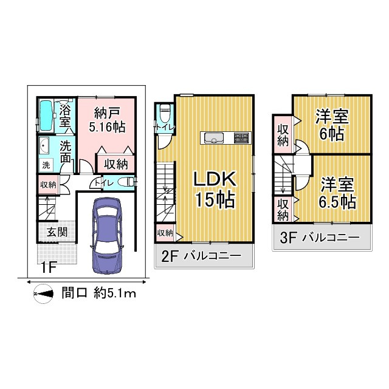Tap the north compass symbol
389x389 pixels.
pos(43,294)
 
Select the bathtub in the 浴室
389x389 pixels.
pos(46,115)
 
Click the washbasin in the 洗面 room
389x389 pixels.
pos(44,146)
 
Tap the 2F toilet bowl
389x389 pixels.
pos(165,112)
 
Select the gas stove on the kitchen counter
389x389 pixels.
pos(241,138)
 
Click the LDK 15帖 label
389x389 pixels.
pos(215,189)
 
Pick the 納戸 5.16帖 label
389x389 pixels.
pos(107,120)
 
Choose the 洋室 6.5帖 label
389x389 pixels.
pos(337,193)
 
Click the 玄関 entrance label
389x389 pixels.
pos(57,232)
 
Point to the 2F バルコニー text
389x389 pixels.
pos(201,256)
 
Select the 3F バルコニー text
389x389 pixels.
pos(320,238)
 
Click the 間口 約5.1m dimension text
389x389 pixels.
pos(98,294)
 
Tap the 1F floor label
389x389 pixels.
pos(49,267)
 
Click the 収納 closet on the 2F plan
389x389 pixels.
pos(165,233)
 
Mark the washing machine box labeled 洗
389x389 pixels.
pos(46,165)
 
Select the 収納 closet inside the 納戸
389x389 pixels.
pos(116,164)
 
